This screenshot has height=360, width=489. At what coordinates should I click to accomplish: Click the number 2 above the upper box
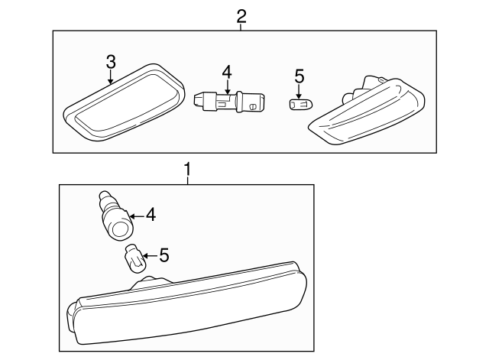(x=241, y=16)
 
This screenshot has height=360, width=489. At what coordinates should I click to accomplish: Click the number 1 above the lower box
(x=187, y=170)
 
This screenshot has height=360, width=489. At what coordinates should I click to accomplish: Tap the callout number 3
(x=111, y=62)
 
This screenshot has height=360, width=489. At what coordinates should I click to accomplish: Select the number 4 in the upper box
(x=227, y=72)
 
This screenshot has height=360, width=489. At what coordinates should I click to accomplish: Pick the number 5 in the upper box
(x=299, y=76)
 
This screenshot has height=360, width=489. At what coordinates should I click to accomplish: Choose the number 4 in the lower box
(x=151, y=216)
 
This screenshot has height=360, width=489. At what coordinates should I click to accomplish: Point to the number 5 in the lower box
(x=164, y=255)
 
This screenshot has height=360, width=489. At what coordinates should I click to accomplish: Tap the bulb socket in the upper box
(x=229, y=102)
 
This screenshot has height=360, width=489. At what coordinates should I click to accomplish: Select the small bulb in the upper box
(x=300, y=104)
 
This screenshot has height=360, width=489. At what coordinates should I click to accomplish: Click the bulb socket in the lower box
(x=117, y=217)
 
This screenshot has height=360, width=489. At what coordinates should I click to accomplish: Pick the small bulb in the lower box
(x=135, y=259)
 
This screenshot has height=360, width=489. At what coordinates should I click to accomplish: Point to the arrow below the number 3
(x=111, y=77)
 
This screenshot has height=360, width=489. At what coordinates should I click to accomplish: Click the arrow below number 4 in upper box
(x=228, y=86)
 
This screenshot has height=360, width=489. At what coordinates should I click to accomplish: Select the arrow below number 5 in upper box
(x=299, y=92)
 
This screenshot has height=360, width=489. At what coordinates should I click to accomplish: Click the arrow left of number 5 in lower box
(x=151, y=256)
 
